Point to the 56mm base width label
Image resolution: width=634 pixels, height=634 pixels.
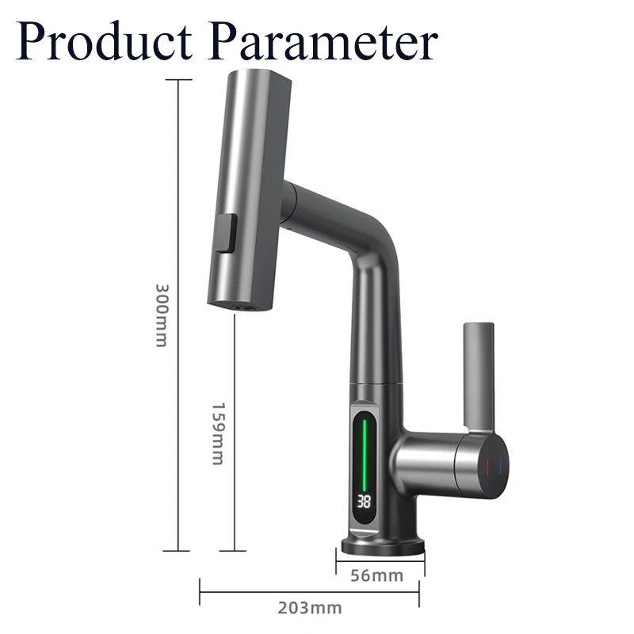click(376, 575)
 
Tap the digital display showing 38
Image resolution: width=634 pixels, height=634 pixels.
click(365, 502)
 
